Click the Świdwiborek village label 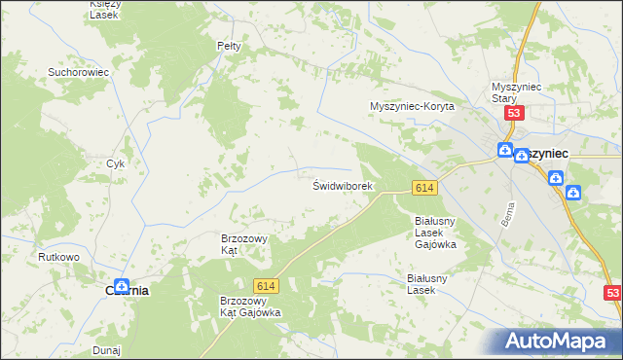342,185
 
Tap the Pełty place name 228,46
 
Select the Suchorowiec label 77,71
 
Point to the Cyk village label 116,163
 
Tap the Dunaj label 105,348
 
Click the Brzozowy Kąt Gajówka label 250,306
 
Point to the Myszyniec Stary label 516,91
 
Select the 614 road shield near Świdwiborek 422,187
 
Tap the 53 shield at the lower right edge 612,292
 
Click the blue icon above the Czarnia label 121,286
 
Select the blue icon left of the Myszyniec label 505,150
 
